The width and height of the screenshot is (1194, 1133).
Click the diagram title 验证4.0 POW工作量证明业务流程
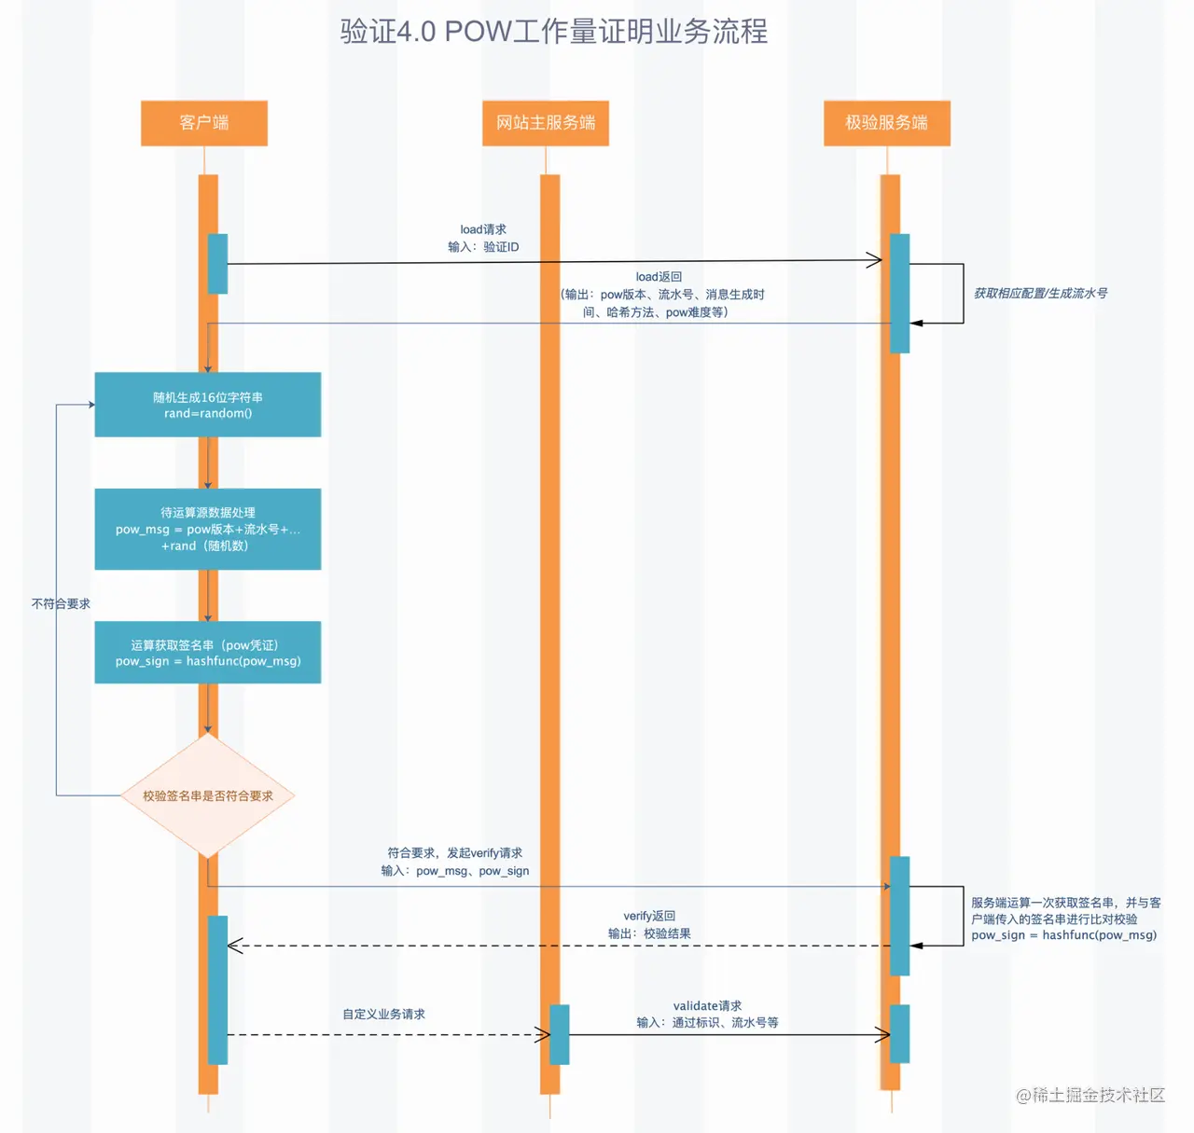[553, 32]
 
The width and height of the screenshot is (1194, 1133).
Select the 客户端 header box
[204, 123]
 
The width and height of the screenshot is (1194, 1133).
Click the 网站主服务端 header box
[546, 123]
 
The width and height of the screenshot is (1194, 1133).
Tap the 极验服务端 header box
[886, 123]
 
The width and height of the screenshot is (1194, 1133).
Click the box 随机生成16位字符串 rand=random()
[208, 405]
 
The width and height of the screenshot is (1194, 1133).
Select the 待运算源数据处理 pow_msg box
[208, 529]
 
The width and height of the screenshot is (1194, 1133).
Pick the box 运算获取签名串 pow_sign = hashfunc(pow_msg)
[208, 653]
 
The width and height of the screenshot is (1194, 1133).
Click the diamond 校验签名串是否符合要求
[208, 795]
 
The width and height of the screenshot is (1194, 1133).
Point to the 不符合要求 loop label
[61, 603]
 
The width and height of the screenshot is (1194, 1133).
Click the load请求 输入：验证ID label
[483, 238]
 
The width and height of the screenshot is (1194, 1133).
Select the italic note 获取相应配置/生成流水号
[1040, 293]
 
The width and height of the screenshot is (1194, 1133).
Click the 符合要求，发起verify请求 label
[455, 862]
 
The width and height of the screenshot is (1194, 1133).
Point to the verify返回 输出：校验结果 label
[649, 925]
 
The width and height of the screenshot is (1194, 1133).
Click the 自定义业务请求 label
[383, 1014]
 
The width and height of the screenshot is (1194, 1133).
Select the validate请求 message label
[707, 1014]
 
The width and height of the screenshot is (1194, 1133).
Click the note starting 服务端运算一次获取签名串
[1064, 919]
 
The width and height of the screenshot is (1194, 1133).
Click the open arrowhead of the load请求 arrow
[875, 260]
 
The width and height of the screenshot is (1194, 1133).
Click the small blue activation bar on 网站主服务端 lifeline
[559, 1034]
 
